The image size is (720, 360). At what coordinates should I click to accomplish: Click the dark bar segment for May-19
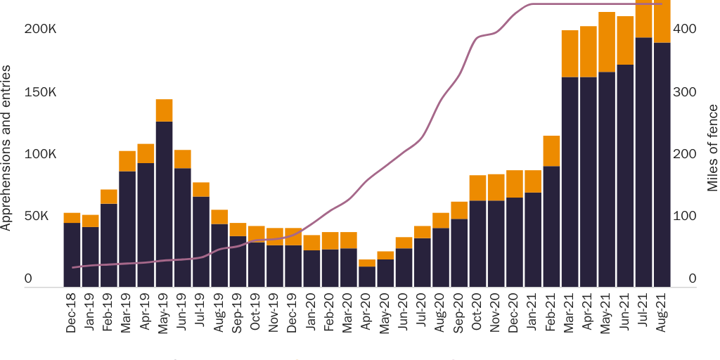(164, 204)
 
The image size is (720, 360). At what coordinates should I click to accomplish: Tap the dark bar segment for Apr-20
(367, 276)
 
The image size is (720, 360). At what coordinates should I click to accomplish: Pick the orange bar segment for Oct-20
(478, 188)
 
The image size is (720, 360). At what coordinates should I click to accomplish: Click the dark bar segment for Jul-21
(644, 162)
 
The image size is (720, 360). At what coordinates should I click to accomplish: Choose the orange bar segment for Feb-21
(551, 150)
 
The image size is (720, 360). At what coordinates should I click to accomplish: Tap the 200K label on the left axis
(39, 30)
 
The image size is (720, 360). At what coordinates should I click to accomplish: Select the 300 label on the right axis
(686, 93)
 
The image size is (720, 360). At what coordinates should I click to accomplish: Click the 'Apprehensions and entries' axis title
(8, 148)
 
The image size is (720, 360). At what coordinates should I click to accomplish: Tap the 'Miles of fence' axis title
(712, 148)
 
